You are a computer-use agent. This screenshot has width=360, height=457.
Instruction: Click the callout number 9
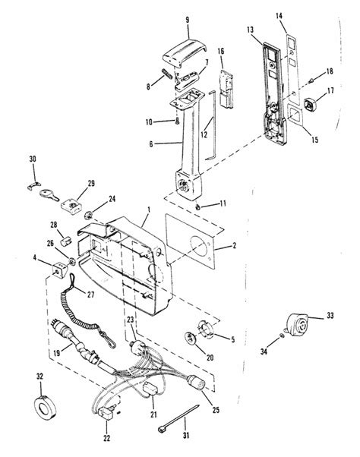click(x=187, y=20)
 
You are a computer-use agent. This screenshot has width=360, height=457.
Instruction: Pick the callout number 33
click(x=330, y=315)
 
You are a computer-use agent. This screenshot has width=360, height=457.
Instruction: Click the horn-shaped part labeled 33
click(x=297, y=325)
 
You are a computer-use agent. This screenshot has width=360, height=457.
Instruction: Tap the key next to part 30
click(x=49, y=195)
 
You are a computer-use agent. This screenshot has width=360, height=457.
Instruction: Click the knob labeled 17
click(x=310, y=104)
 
